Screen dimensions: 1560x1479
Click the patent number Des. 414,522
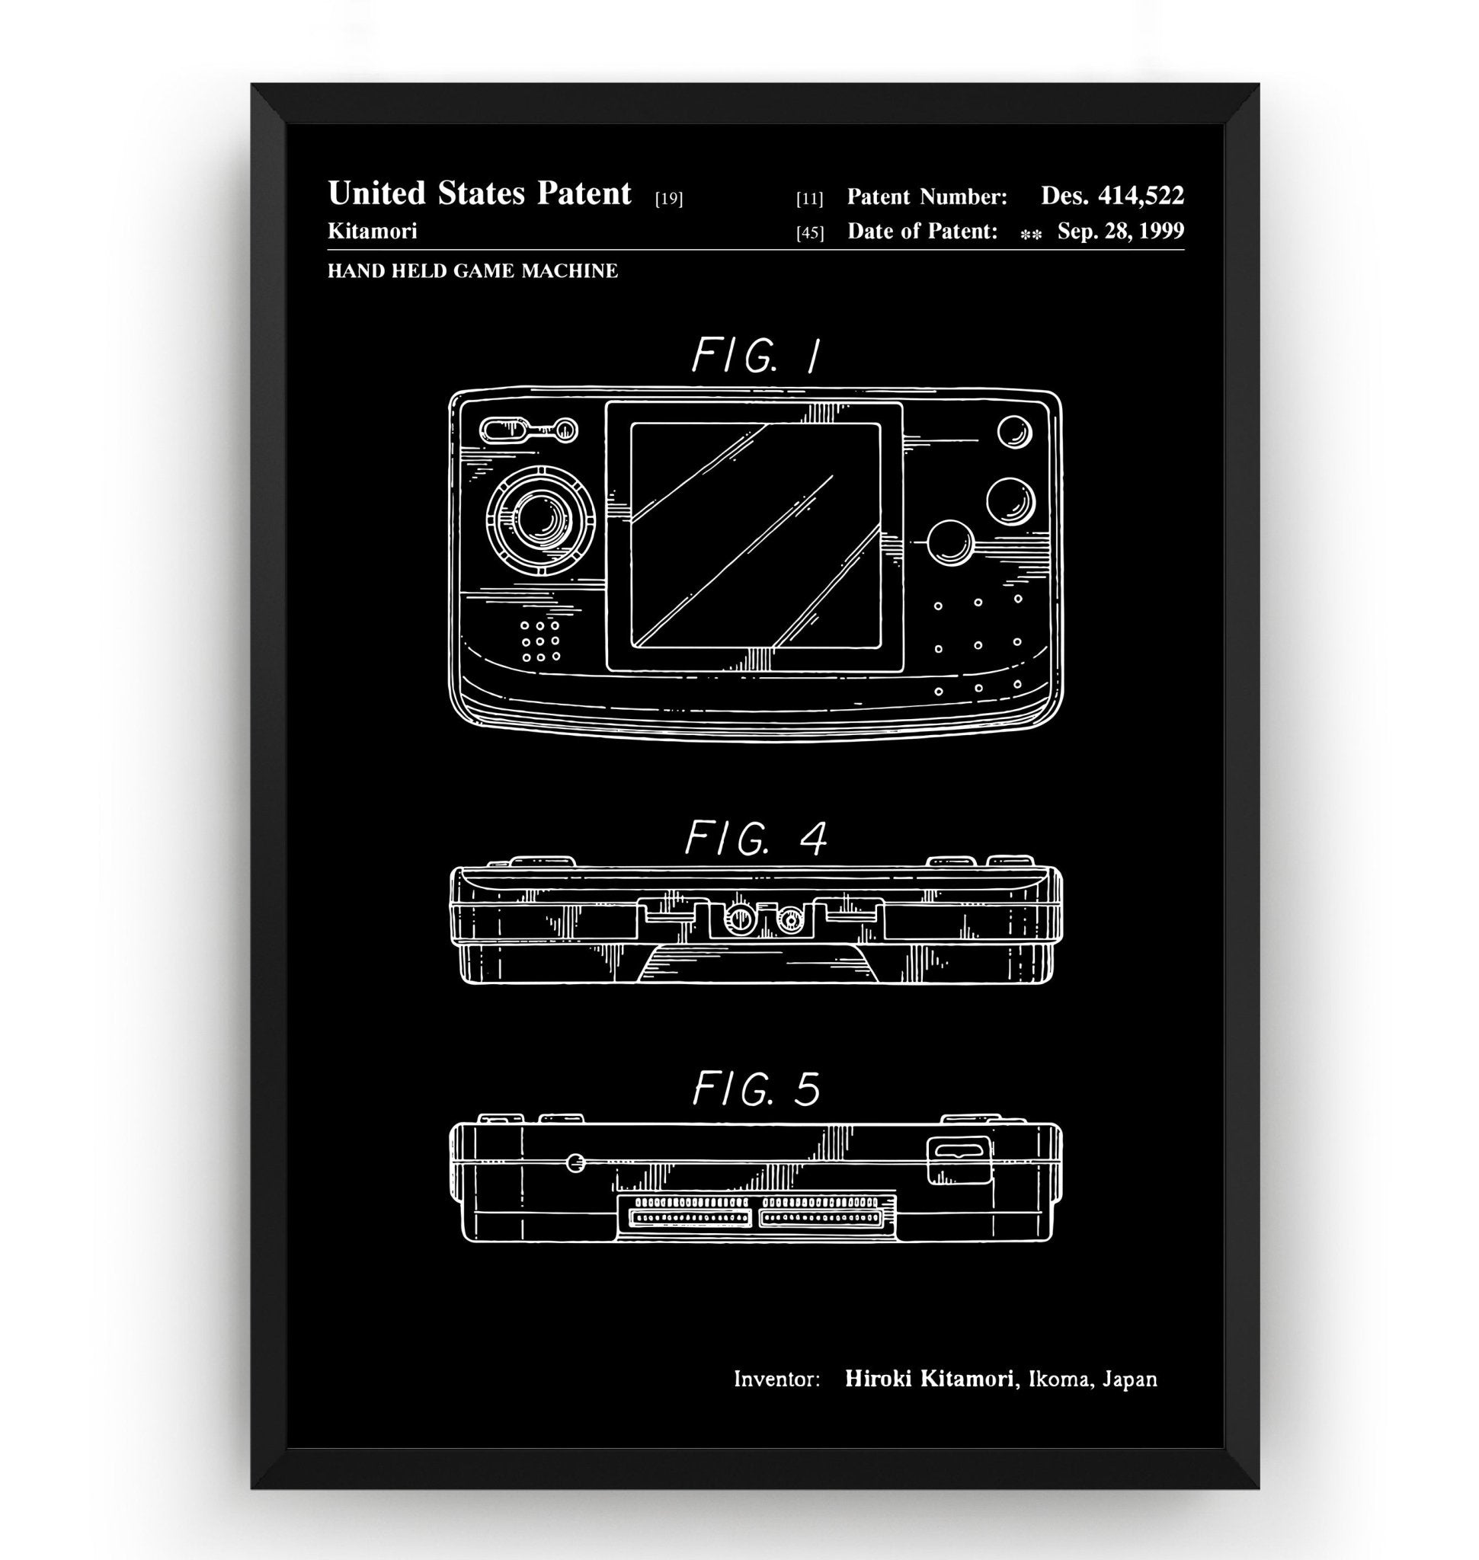(x=1112, y=197)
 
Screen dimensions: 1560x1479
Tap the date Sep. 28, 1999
(x=1119, y=232)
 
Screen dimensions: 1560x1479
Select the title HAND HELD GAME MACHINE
(x=472, y=271)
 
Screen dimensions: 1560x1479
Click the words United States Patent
(x=479, y=194)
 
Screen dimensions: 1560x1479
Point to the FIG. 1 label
(x=755, y=356)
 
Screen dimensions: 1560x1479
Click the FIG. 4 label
(x=755, y=839)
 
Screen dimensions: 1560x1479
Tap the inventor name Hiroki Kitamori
(x=929, y=1379)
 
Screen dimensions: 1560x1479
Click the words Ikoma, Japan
(x=1093, y=1379)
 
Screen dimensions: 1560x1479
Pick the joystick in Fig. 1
(x=541, y=518)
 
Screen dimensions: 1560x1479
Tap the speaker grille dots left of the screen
(x=540, y=640)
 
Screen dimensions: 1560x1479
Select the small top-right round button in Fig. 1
(x=1014, y=431)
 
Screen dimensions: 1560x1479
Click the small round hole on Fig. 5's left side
(x=575, y=1162)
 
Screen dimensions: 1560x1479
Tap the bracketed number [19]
(x=668, y=200)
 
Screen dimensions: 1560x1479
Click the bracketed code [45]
(x=810, y=233)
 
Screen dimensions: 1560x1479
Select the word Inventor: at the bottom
(x=776, y=1380)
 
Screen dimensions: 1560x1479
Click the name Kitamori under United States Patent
(x=372, y=231)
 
